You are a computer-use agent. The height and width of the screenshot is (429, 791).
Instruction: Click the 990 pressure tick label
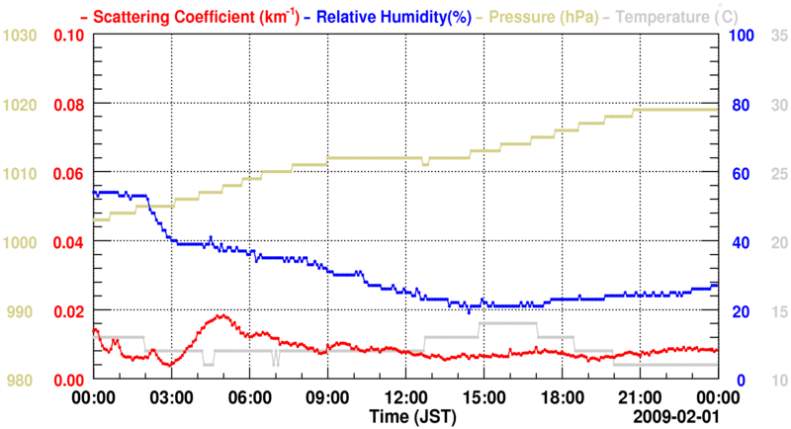coord(23,311)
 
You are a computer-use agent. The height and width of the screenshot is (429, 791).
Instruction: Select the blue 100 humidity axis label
coord(742,36)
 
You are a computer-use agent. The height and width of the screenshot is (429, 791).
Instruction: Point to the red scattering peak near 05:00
coord(222,316)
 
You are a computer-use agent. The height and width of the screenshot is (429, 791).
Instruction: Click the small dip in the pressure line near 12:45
coord(425,163)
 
